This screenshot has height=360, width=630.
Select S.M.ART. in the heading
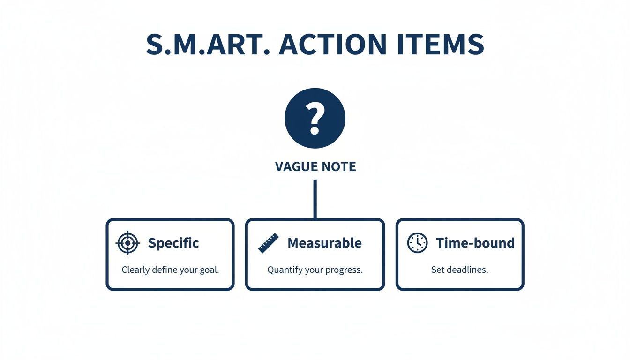tap(208, 45)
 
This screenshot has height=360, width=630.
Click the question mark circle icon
tap(315, 118)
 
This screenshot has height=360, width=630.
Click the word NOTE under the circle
tap(338, 166)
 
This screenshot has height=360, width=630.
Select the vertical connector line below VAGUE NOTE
tap(315, 199)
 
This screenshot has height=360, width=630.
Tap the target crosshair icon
tap(127, 243)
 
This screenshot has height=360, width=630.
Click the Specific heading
tap(173, 243)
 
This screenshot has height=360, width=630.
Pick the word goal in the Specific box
tap(209, 270)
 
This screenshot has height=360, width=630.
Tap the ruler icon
tap(269, 243)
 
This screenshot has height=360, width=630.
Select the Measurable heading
tap(324, 243)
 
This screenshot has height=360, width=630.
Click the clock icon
tap(417, 243)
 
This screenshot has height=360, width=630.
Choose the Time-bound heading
tap(475, 243)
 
